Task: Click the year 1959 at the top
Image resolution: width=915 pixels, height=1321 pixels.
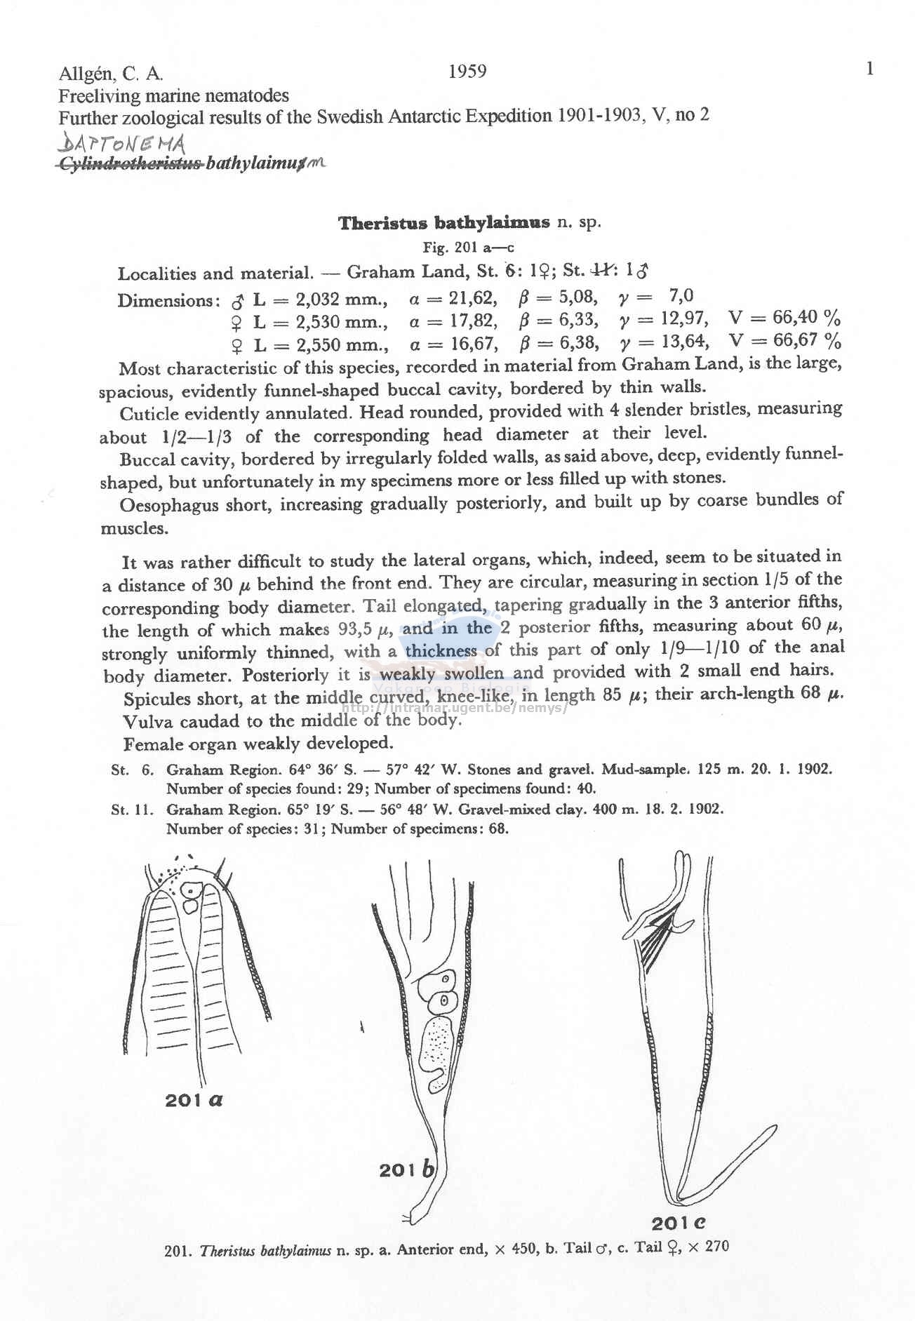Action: tap(467, 72)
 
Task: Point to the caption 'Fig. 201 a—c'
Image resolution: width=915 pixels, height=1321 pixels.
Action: tap(469, 248)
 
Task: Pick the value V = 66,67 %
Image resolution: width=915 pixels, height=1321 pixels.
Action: tap(784, 342)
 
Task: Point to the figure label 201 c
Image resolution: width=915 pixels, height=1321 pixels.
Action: tap(678, 1223)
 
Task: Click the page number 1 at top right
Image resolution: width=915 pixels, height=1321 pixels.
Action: tap(870, 68)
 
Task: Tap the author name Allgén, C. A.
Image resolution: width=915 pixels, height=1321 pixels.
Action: tap(112, 74)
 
